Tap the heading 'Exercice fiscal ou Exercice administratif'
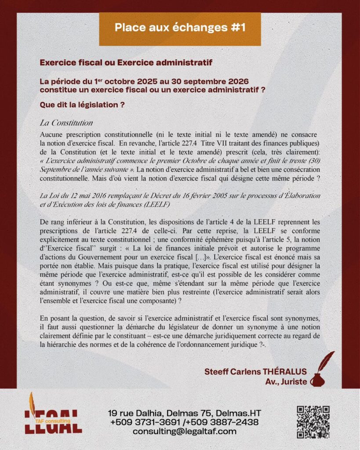click(x=126, y=63)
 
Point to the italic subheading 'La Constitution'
click(x=66, y=122)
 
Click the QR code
click(x=313, y=421)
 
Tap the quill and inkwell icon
click(x=321, y=369)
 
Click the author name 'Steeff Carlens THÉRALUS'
click(x=255, y=371)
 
